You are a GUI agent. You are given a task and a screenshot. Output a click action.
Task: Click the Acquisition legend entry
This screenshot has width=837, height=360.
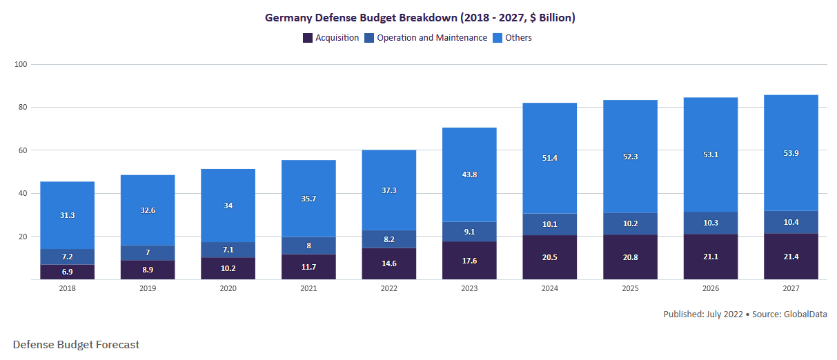point(331,38)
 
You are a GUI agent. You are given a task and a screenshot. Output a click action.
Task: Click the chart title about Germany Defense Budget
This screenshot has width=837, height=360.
point(420,17)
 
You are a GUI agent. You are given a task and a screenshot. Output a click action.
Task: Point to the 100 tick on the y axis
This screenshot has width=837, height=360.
point(20,64)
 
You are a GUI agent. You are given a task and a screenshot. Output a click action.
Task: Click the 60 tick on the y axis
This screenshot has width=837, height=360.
point(22,150)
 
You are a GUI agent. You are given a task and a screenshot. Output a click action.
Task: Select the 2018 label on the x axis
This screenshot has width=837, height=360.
point(67,288)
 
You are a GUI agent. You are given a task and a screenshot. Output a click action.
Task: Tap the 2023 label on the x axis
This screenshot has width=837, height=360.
point(469,288)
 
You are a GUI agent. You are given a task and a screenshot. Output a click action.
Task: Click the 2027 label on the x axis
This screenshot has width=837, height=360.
point(791,288)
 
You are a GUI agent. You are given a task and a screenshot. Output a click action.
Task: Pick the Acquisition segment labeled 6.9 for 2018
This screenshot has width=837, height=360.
point(67,272)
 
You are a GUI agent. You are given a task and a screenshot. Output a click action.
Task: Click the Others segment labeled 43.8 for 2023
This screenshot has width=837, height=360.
point(469,174)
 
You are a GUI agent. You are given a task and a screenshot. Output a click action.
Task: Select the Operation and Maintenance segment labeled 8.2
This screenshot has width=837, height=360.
point(388,239)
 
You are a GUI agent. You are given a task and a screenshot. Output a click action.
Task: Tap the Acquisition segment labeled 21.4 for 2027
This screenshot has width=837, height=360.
point(791,257)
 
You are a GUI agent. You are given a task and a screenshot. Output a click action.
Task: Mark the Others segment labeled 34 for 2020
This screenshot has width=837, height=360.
point(228,206)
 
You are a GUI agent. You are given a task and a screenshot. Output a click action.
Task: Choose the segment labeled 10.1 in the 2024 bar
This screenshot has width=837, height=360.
point(549,224)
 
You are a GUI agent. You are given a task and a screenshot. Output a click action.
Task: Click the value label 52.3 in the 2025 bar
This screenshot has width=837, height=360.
point(630,157)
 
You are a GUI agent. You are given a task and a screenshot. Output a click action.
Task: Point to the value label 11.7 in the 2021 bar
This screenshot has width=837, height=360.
point(308,267)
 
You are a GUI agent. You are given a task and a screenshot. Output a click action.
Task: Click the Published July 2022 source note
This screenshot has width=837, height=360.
point(745,314)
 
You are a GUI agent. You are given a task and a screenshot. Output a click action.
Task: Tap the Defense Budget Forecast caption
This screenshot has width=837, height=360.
point(76,344)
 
